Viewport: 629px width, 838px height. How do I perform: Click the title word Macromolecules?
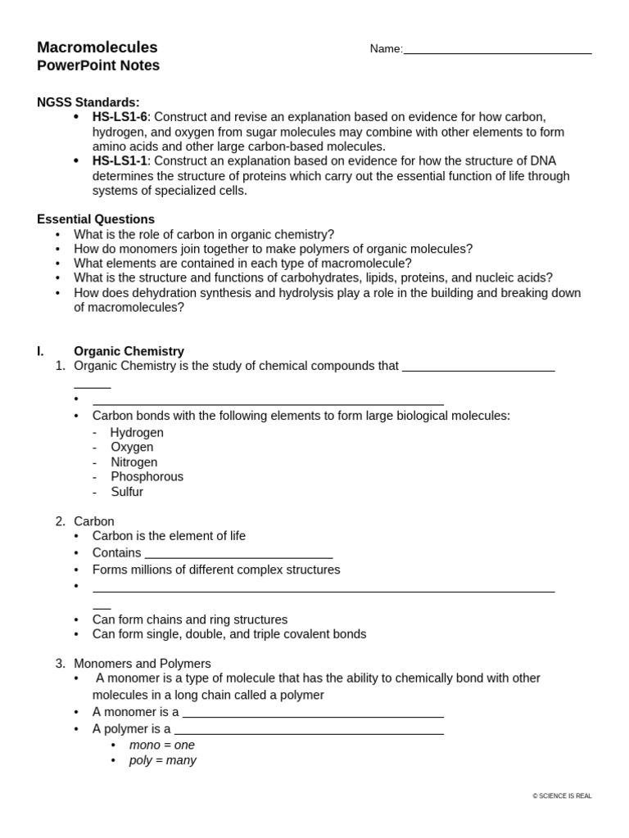point(97,47)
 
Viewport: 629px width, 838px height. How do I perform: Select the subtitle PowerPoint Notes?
point(98,65)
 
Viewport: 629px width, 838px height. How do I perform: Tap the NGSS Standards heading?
point(88,102)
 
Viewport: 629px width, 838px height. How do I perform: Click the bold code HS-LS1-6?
point(120,117)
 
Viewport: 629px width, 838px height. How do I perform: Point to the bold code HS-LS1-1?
point(120,161)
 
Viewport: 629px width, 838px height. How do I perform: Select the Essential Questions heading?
point(96,219)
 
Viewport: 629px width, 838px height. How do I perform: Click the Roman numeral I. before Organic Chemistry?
point(40,351)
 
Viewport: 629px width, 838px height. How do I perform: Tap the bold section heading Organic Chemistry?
point(129,351)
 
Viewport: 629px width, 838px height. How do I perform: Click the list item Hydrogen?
point(137,432)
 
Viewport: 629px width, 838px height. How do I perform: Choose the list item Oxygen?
point(132,447)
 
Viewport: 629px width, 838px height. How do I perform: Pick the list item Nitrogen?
point(134,462)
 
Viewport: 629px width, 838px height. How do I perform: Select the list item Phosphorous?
point(147,476)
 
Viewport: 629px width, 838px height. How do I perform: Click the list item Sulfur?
point(127,492)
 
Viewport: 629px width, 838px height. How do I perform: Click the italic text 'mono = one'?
point(162,745)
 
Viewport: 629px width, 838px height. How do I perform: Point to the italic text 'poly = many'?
point(163,760)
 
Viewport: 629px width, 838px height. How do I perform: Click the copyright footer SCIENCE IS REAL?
point(562,795)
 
